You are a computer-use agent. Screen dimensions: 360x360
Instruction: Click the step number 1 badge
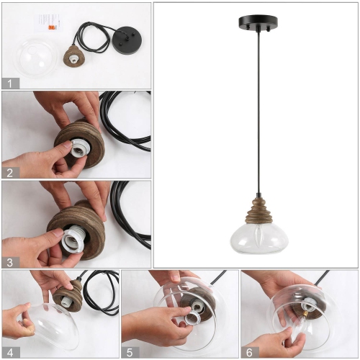click(9, 83)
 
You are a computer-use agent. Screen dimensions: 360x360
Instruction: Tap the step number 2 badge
click(9, 172)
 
